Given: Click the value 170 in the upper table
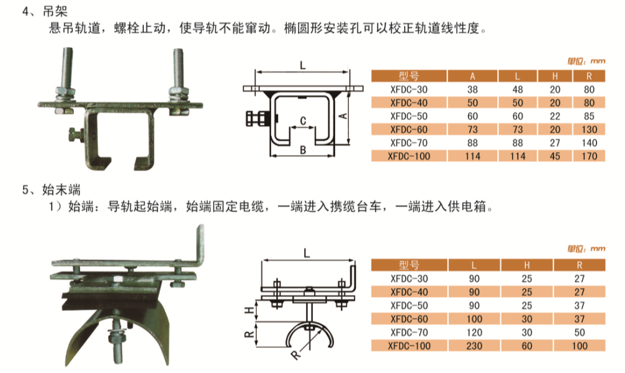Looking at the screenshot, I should (590, 156).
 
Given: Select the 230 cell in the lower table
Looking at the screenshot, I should (474, 345).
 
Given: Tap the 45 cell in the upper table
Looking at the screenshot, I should (555, 156).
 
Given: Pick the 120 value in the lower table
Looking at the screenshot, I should (474, 332).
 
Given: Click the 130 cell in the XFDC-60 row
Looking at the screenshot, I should (590, 129).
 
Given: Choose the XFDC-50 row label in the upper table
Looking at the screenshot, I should (409, 116).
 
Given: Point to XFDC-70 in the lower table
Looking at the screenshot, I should (409, 332).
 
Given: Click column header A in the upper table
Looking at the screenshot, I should (473, 76).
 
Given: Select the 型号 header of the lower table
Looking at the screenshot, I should (409, 265).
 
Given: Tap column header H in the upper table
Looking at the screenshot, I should (555, 76).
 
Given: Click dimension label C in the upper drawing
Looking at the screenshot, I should (302, 120).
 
